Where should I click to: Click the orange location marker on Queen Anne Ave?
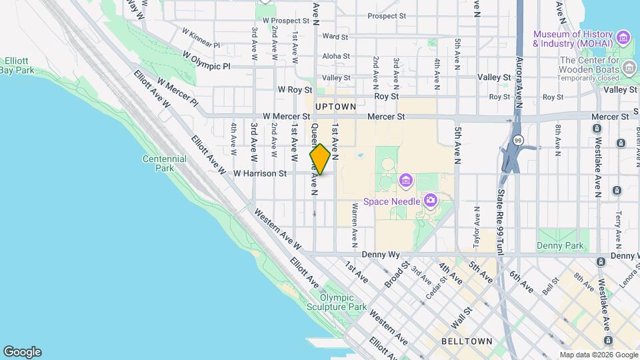[320, 159]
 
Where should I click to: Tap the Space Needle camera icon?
[431, 200]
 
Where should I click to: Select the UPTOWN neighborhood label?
[335, 107]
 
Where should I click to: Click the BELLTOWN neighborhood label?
[467, 341]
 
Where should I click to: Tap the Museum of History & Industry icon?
[623, 37]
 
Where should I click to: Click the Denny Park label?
[560, 245]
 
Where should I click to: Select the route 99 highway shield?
[517, 141]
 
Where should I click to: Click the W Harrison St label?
[259, 173]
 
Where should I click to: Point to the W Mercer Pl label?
[178, 93]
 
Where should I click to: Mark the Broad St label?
[396, 275]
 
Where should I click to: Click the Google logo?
[22, 352]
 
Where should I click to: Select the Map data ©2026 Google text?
[598, 355]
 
